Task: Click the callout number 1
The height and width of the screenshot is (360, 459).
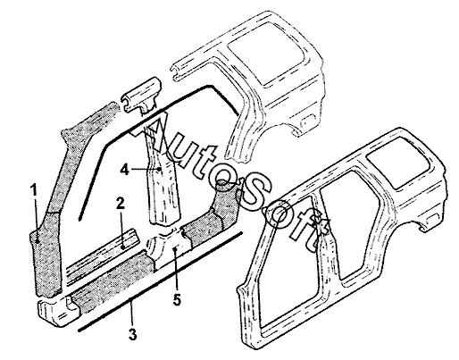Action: pos(35,190)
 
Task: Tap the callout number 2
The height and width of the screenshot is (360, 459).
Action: pos(121,204)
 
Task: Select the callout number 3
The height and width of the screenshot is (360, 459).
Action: pos(133,334)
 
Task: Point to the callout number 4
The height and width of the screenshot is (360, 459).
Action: pos(124,170)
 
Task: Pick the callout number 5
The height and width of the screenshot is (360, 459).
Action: pos(177,299)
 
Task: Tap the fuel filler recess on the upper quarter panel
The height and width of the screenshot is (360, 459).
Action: pos(306,122)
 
